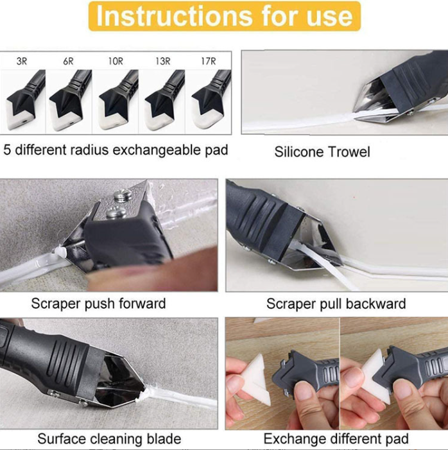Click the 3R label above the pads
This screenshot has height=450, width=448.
tap(22, 62)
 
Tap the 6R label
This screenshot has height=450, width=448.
tap(68, 62)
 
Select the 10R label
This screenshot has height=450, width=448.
tap(115, 62)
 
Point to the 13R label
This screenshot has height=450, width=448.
tap(162, 62)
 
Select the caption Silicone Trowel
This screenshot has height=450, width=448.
tap(322, 152)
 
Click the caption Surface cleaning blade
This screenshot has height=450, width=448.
tap(109, 439)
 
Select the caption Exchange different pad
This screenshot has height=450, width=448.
tap(336, 439)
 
